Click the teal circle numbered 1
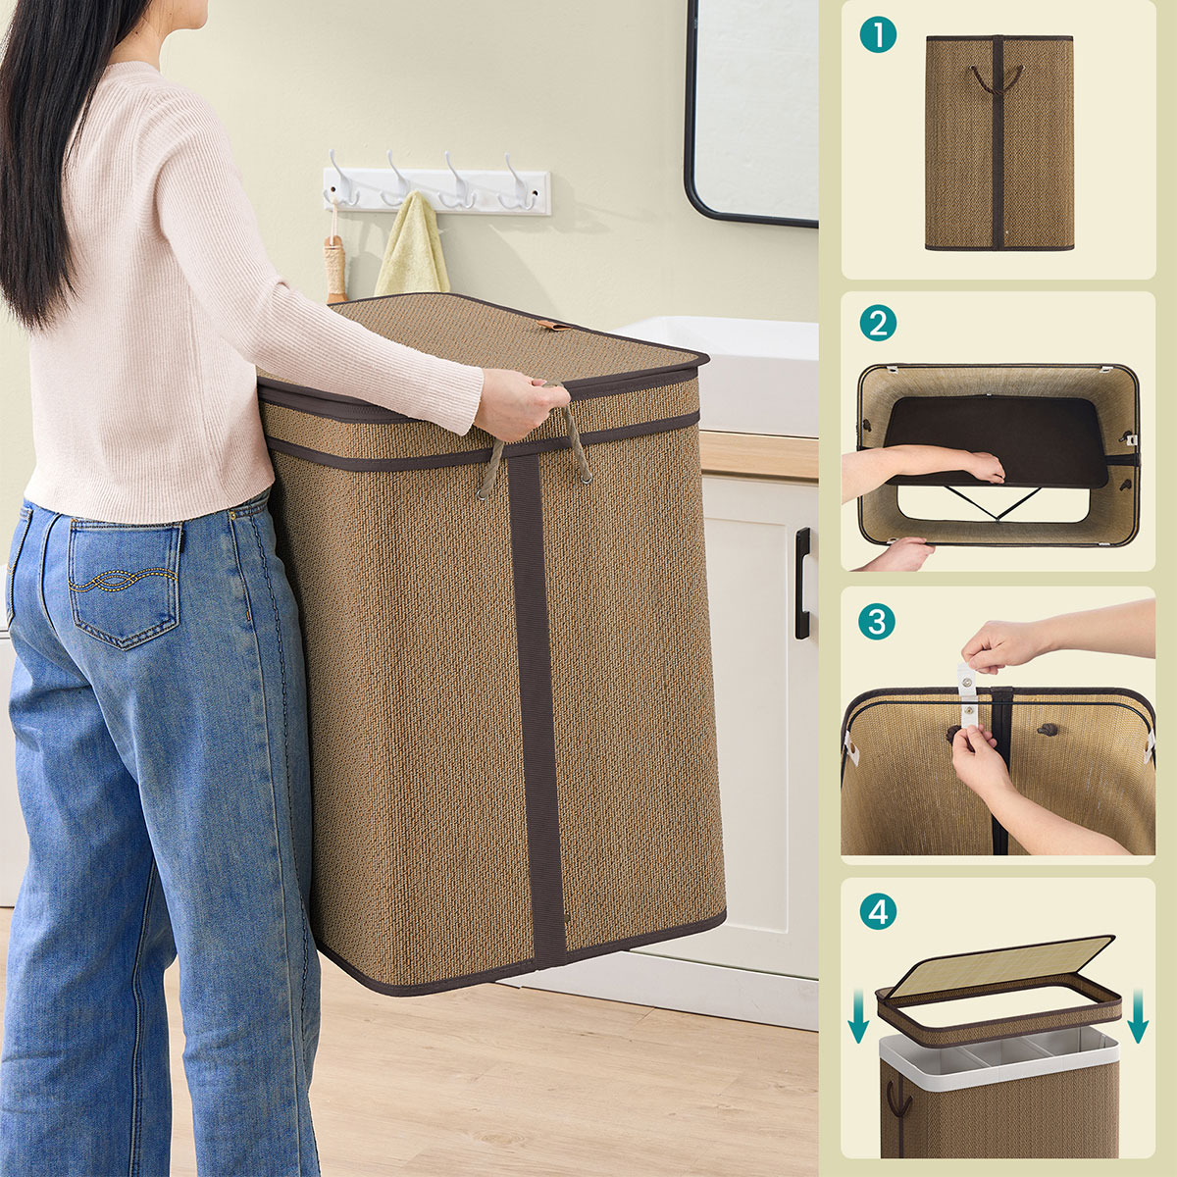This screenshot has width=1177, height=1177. point(878,34)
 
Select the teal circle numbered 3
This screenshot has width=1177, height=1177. point(877,622)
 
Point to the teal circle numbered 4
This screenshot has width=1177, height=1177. point(878,911)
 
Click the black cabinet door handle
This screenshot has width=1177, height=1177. point(802,584)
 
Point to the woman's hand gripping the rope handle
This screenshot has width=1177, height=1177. point(517,405)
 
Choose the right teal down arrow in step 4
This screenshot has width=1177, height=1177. point(1138,1016)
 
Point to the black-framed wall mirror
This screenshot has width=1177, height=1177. point(752,113)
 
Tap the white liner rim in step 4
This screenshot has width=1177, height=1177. point(999,1051)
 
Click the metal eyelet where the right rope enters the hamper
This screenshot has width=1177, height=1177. point(586,479)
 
